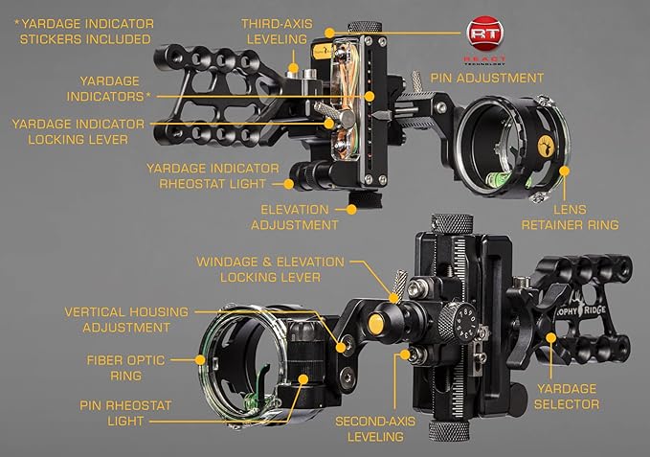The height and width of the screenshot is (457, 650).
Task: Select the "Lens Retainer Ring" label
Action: click(x=569, y=217)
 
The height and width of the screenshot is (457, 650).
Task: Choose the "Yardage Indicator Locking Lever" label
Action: click(x=77, y=132)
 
